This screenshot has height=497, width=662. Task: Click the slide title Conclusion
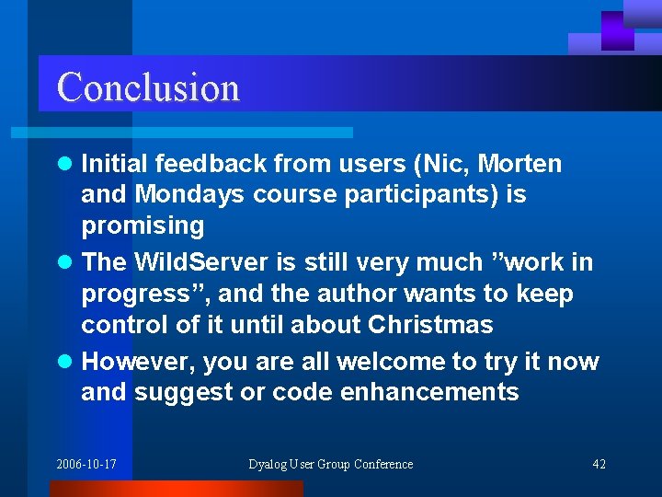148,87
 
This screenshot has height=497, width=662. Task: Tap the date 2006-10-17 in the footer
86,464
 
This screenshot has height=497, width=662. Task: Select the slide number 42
599,464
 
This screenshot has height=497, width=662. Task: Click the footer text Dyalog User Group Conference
331,464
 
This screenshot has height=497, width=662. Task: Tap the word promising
143,225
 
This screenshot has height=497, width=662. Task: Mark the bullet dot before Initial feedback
63,165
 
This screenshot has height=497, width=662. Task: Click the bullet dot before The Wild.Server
63,263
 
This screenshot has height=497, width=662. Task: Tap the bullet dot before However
63,363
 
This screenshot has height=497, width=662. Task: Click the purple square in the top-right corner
617,30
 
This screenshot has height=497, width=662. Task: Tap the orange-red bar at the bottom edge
175,489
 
